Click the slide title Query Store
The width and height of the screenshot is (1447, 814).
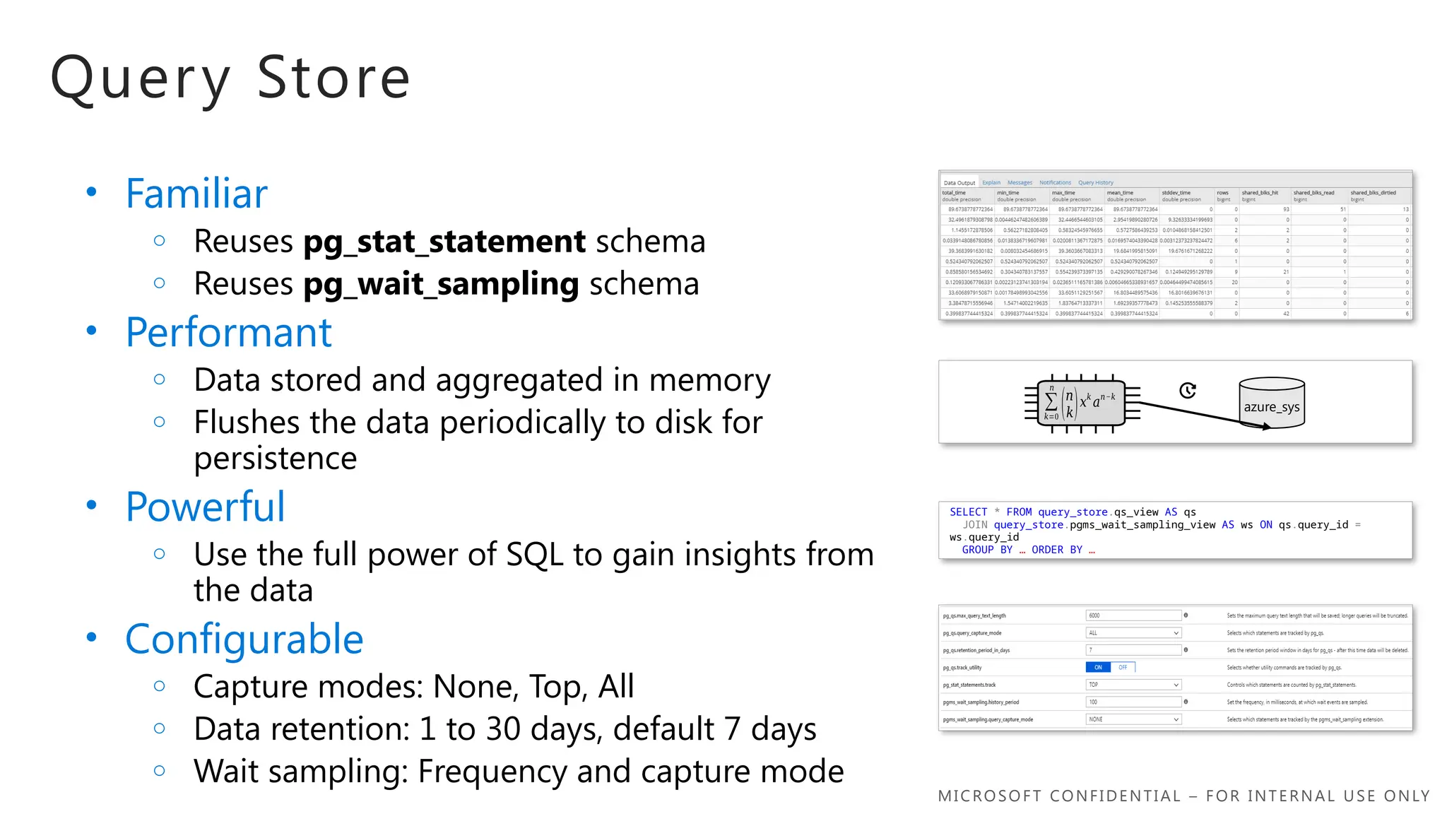[230, 78]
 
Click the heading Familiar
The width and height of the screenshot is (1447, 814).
[196, 194]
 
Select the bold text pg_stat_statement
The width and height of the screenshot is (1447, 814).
[444, 242]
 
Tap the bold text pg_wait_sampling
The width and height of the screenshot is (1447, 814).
[441, 284]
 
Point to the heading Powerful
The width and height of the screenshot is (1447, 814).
[205, 507]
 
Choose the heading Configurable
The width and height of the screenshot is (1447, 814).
[244, 639]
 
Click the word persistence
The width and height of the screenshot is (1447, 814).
[275, 459]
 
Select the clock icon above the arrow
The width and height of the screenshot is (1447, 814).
[1188, 391]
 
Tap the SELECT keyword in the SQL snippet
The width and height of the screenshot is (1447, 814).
[968, 512]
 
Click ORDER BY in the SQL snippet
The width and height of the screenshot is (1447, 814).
[1056, 550]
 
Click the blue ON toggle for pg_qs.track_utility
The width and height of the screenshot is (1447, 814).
[1098, 667]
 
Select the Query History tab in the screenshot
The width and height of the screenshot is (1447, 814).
[1095, 183]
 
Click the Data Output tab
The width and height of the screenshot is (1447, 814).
[959, 183]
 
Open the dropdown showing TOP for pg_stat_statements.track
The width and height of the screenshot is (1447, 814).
[1133, 685]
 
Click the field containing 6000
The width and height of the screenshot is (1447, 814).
[1133, 615]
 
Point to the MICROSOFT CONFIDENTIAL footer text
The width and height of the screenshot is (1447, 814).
[1183, 796]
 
